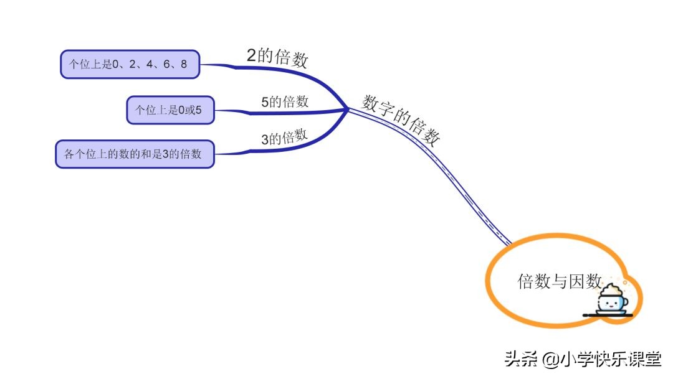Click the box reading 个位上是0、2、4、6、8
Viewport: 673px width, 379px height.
pyautogui.click(x=130, y=64)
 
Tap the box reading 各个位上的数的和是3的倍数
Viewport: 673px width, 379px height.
pyautogui.click(x=135, y=154)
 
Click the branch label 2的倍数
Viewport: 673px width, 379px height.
pyautogui.click(x=277, y=57)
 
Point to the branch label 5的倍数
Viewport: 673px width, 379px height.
pyautogui.click(x=285, y=101)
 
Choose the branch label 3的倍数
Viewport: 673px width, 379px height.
pyautogui.click(x=284, y=138)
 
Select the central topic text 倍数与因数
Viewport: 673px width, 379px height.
pyautogui.click(x=559, y=281)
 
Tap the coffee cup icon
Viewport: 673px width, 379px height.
pyautogui.click(x=609, y=299)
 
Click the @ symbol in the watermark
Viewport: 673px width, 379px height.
pyautogui.click(x=549, y=360)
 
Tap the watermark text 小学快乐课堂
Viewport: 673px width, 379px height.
pyautogui.click(x=609, y=360)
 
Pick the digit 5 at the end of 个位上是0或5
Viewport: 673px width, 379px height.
pyautogui.click(x=199, y=111)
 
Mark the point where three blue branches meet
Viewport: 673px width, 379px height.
pyautogui.click(x=346, y=110)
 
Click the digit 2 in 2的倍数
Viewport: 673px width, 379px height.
pyautogui.click(x=251, y=55)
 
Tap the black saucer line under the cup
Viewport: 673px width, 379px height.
pyautogui.click(x=608, y=315)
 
